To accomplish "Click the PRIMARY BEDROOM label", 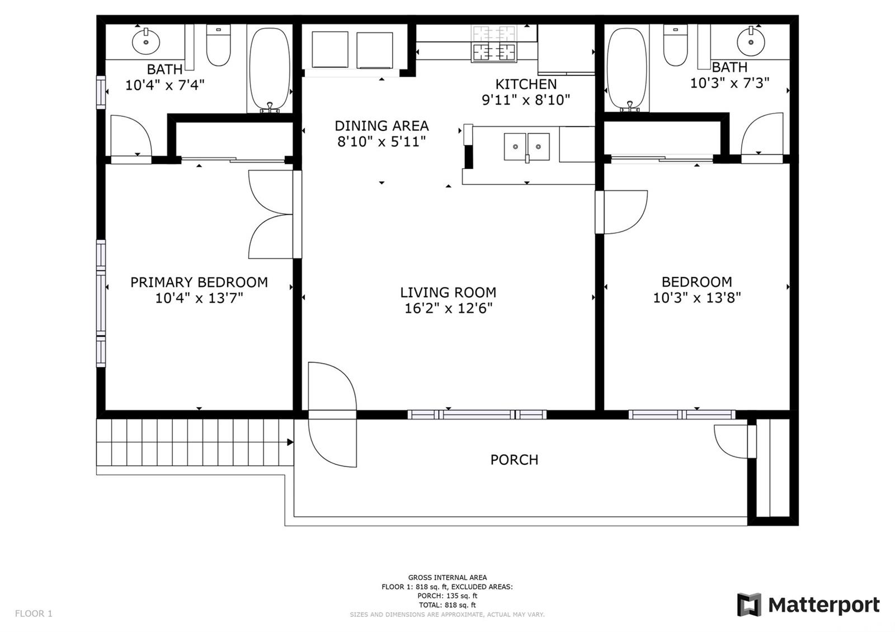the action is tap(199, 282).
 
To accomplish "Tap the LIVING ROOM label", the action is tap(448, 293).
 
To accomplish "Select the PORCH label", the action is tap(514, 460).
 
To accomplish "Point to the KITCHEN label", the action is tap(526, 84).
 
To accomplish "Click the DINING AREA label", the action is tap(381, 126).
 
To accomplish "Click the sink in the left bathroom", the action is tap(146, 41).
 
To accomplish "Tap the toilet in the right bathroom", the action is tap(676, 45).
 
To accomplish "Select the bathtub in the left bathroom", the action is tap(270, 69).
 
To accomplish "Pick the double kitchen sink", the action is tap(526, 147).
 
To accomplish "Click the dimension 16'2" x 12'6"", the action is tap(448, 308).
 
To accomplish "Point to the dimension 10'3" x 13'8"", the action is tap(697, 298).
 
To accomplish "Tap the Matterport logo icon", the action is tap(749, 605).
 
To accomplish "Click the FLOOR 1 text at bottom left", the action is tap(34, 614).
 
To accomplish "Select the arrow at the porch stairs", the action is tap(290, 442).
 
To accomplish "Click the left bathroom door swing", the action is tap(131, 136).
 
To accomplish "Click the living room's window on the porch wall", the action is tap(477, 414).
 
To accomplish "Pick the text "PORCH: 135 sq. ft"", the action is tap(447, 596).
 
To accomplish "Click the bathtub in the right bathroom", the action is tap(627, 69).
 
